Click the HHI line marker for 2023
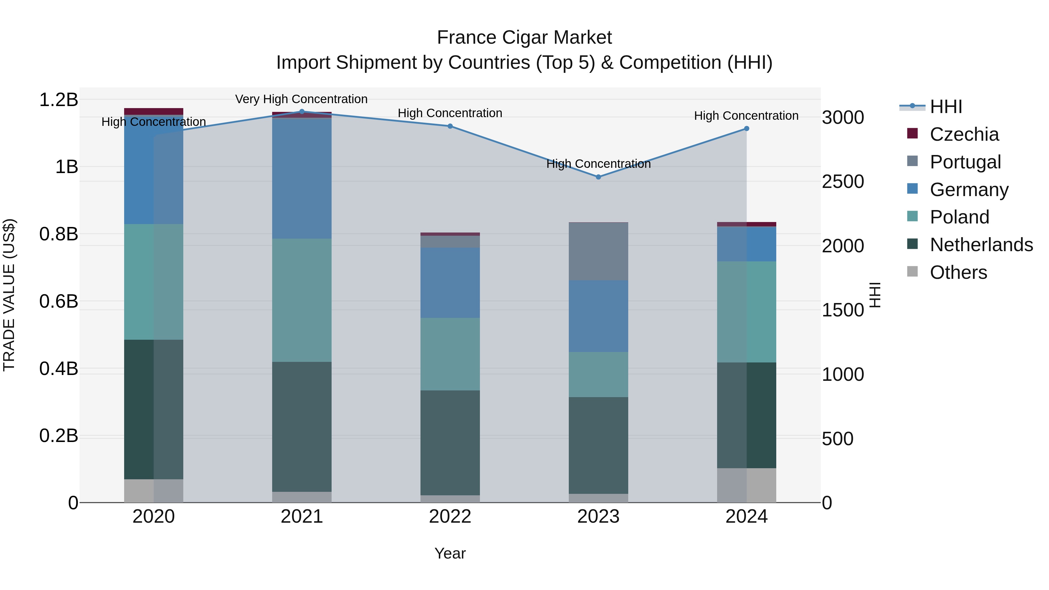pyautogui.click(x=598, y=177)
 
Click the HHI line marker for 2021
pyautogui.click(x=302, y=112)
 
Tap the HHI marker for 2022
pyautogui.click(x=450, y=126)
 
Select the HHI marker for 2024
pyautogui.click(x=747, y=129)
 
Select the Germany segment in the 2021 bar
pyautogui.click(x=302, y=178)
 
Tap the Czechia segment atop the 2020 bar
pyautogui.click(x=154, y=112)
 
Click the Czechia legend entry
pyautogui.click(x=964, y=134)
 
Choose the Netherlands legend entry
pyautogui.click(x=981, y=245)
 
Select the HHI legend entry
pyautogui.click(x=946, y=107)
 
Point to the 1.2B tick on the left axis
pyautogui.click(x=58, y=100)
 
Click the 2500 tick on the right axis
pyautogui.click(x=842, y=182)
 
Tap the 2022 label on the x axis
pyautogui.click(x=450, y=517)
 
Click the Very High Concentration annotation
pyautogui.click(x=301, y=99)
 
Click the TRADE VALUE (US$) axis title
pyautogui.click(x=9, y=295)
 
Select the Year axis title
pyautogui.click(x=450, y=553)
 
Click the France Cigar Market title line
pyautogui.click(x=524, y=38)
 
